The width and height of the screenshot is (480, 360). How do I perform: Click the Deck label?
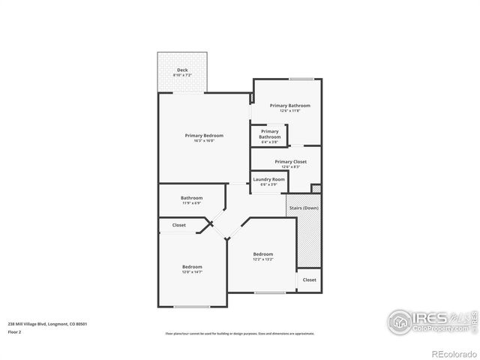[181, 71]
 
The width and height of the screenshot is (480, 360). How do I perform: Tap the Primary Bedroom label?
[204, 135]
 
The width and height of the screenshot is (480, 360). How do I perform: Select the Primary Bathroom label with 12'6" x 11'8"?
[289, 106]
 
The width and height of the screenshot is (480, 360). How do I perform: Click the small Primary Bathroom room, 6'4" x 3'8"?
[269, 134]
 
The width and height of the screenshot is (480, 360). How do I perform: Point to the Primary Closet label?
[290, 161]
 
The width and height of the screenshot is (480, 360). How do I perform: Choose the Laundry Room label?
[268, 179]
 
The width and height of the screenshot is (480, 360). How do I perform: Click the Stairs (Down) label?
[303, 208]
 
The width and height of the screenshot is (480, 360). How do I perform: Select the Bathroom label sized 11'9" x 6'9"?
[191, 198]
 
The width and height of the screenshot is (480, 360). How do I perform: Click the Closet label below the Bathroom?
[179, 225]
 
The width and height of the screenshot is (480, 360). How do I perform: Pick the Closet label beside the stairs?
[309, 280]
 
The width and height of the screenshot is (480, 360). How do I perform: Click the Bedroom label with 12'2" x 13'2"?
[262, 254]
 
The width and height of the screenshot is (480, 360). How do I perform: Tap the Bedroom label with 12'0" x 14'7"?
[192, 267]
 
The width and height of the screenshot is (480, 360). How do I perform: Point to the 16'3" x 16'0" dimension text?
[204, 141]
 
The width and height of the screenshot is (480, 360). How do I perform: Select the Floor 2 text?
[15, 331]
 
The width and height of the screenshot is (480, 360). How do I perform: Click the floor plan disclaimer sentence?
[239, 334]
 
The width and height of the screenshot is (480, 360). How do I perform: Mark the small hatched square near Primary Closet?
[316, 188]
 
